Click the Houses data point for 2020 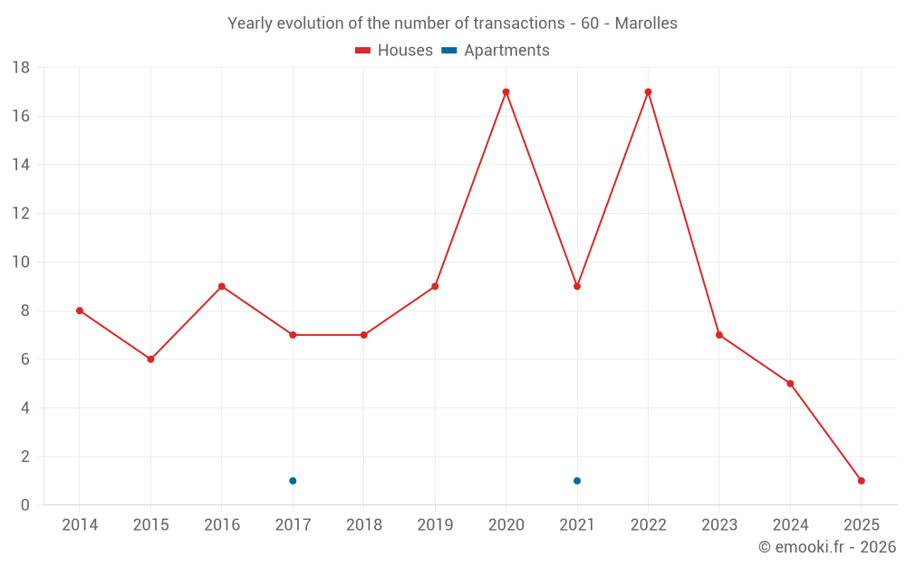coord(506,91)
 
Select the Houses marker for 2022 coord(648,91)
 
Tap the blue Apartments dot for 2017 coord(293,481)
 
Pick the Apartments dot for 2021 coord(577,481)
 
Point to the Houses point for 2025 coord(862,481)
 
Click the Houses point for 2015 coord(150,360)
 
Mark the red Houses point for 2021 coord(577,286)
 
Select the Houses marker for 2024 coord(790,383)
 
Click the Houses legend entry coord(394,51)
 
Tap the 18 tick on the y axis coord(21,68)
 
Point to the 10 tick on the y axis coord(21,263)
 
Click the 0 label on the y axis coord(25,505)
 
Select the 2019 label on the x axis coord(435,525)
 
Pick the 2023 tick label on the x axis coord(719,525)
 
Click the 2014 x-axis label coord(80,525)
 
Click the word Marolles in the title coord(646,24)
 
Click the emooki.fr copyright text coord(827,547)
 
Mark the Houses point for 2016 coord(222,286)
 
